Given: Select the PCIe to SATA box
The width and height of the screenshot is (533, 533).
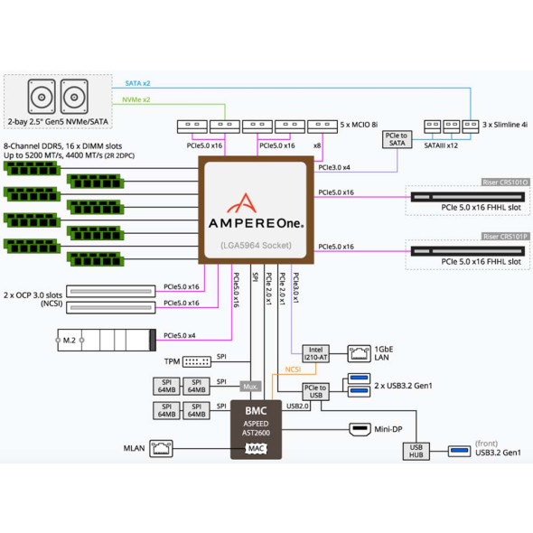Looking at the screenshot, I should (398, 140).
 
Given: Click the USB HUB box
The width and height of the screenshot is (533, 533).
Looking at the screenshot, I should (417, 453).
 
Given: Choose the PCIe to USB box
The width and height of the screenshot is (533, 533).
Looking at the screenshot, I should (314, 391).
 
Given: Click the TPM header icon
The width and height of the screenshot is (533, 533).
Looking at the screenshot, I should (196, 360).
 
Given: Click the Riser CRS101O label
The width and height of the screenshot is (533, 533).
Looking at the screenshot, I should (506, 182).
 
